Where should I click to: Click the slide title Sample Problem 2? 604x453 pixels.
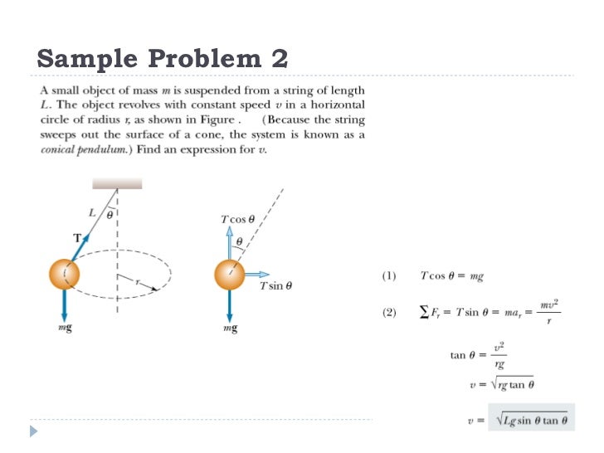click(163, 59)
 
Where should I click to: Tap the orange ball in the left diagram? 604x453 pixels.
click(65, 273)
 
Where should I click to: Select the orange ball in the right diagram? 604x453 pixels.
click(230, 274)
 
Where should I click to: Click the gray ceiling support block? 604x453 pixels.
click(117, 183)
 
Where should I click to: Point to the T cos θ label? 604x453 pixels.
click(237, 219)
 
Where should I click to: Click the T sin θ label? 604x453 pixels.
click(275, 286)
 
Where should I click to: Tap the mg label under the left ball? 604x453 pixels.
click(65, 329)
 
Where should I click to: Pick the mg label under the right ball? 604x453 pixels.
click(231, 329)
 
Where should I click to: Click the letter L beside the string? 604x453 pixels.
click(92, 212)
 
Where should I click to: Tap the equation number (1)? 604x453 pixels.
click(388, 275)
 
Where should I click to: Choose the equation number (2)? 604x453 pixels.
click(388, 313)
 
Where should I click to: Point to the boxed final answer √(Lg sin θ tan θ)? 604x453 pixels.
click(531, 421)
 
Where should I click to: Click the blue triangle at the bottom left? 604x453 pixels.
click(33, 431)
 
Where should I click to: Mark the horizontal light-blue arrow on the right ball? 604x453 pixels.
click(257, 274)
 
